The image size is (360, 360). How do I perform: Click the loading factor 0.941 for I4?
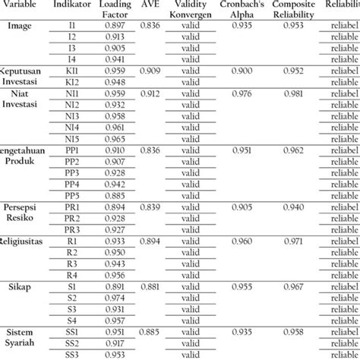click(114, 58)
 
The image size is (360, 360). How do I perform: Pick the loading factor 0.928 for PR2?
click(114, 218)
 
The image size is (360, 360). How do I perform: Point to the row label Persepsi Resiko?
click(24, 212)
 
